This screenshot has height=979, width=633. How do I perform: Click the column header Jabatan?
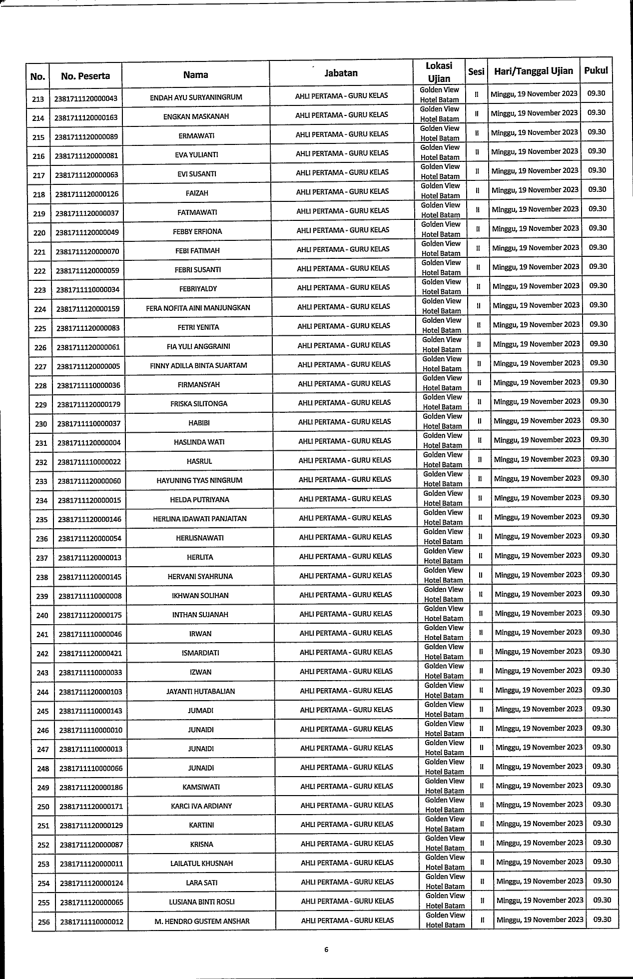click(x=341, y=73)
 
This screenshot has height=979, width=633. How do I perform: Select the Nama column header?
click(x=195, y=75)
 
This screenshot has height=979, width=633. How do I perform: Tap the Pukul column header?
click(x=596, y=70)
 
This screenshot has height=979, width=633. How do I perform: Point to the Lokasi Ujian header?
click(x=439, y=72)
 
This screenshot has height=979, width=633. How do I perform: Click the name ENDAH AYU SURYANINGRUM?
click(x=196, y=97)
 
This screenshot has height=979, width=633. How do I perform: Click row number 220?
click(x=39, y=233)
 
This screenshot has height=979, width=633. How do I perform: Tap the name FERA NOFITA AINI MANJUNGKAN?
click(x=198, y=308)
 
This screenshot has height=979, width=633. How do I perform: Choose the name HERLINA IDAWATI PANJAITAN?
click(x=200, y=519)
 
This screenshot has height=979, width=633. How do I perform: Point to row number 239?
click(x=41, y=596)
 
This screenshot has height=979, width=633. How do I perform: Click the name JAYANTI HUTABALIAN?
click(x=201, y=692)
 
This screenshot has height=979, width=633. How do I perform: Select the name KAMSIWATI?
click(x=201, y=787)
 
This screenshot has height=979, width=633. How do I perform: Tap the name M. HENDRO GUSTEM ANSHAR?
click(x=202, y=921)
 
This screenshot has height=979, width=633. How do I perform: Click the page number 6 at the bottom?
click(x=326, y=950)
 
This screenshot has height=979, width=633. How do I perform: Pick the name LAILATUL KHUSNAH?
click(x=202, y=864)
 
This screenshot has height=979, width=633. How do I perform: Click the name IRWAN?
click(x=200, y=634)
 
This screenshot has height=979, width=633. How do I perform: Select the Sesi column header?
click(x=476, y=71)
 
